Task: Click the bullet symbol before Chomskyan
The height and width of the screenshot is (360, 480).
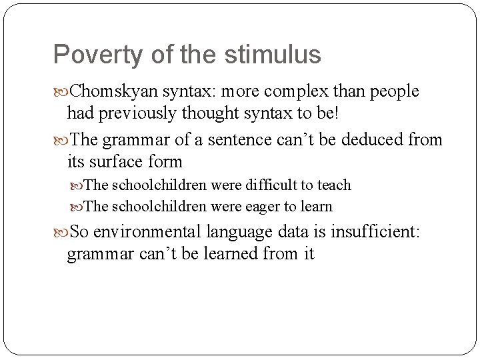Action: [x=61, y=91]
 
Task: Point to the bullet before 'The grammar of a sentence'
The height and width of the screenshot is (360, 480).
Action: [x=61, y=140]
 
